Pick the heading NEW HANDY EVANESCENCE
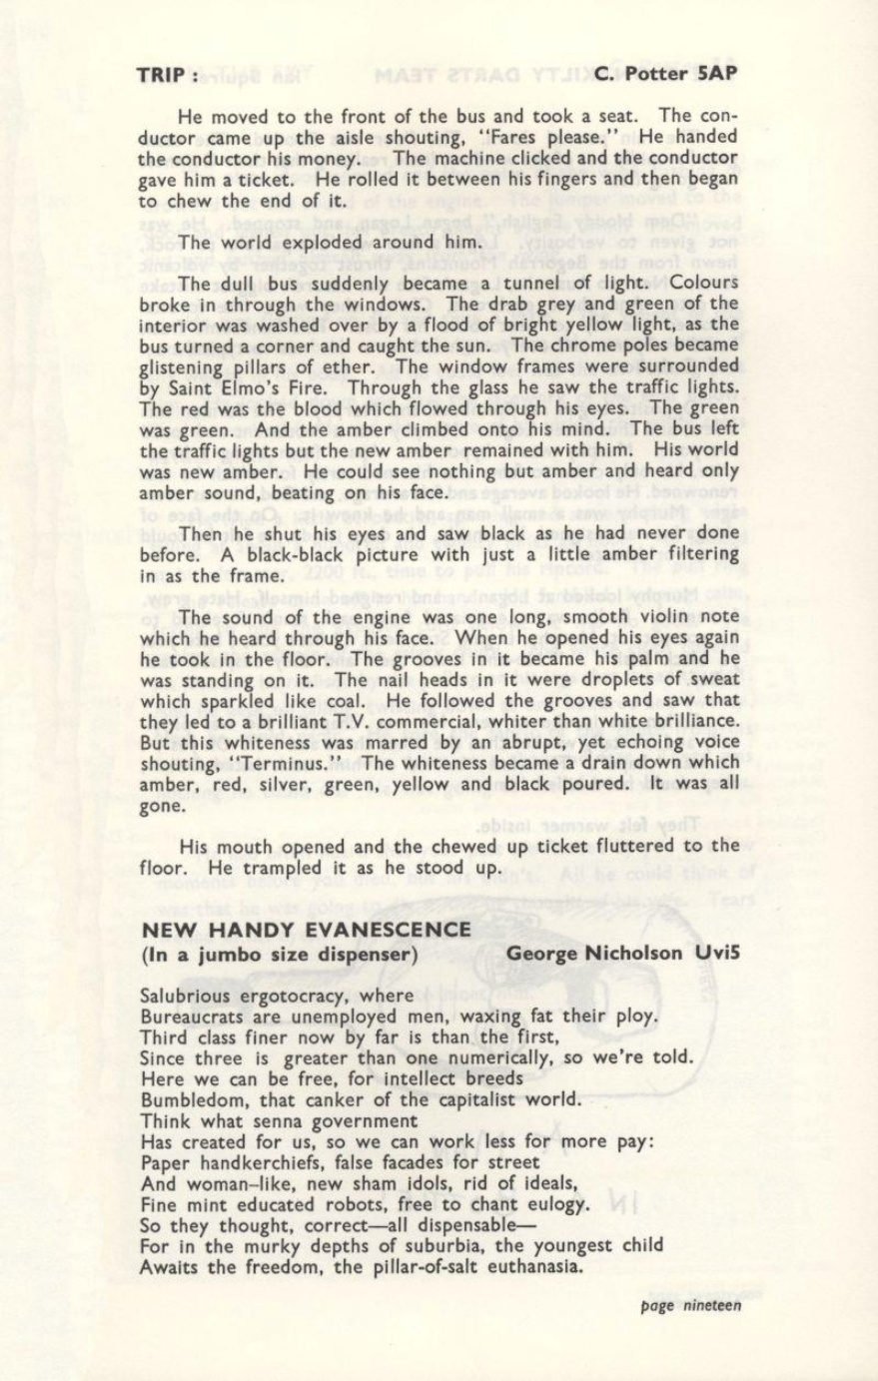coord(306,929)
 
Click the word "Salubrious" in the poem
coord(190,996)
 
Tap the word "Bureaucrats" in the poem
coord(193,1017)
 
